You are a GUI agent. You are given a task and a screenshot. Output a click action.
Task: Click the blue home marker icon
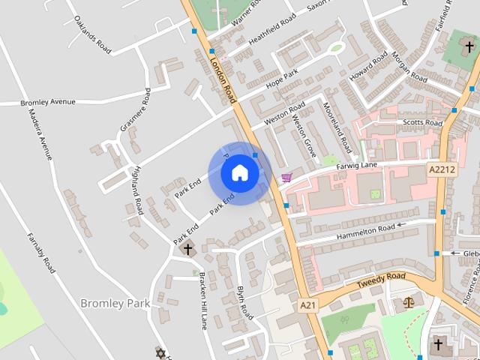tap(239, 172)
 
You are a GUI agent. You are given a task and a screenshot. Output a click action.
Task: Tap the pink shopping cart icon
tap(286, 178)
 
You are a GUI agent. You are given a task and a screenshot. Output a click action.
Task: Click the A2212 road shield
tap(442, 169)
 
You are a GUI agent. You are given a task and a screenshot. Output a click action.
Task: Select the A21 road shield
tap(307, 305)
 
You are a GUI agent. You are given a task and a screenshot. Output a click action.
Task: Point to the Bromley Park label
tap(115, 303)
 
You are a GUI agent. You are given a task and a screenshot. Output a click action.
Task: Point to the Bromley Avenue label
tap(49, 101)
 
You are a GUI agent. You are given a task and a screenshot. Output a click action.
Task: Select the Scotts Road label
tap(422, 122)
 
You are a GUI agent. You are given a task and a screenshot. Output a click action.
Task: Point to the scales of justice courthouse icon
tap(408, 302)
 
